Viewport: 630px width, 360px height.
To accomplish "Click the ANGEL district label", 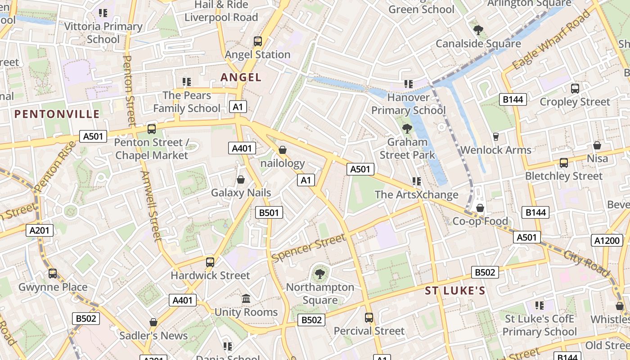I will [241, 77].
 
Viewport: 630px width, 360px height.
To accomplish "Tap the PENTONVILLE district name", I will [57, 114].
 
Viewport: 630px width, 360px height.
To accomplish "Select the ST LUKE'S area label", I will [455, 291].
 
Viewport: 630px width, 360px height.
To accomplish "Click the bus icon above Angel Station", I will [258, 41].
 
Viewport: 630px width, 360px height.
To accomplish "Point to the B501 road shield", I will [269, 212].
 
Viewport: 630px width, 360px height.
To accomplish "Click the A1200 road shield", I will [607, 240].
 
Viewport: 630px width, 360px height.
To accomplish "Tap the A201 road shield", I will [40, 231].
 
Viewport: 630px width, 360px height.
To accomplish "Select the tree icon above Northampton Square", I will [320, 274].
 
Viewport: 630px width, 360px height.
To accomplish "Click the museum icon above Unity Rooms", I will [246, 299].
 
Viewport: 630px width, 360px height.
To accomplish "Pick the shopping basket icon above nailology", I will [283, 150].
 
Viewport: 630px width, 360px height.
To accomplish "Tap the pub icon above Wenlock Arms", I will [496, 137].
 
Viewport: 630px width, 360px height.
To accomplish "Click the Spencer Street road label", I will [309, 247].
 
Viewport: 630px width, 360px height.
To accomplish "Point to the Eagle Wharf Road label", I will [551, 40].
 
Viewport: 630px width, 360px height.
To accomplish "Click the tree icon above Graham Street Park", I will [407, 129].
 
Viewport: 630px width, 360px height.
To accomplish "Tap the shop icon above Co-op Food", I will [480, 208].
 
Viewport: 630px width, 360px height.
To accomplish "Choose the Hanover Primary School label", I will [408, 104].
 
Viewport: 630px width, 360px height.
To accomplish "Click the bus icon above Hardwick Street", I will [210, 262].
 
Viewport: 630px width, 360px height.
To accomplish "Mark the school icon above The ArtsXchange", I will [417, 181].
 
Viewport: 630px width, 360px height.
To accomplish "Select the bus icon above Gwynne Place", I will [53, 274].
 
